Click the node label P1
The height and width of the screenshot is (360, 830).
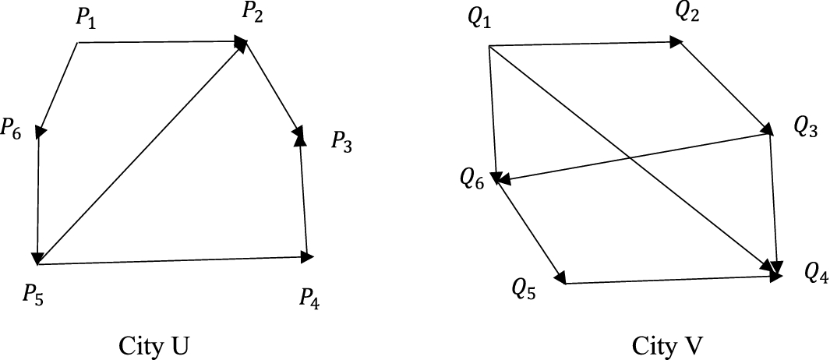(87, 19)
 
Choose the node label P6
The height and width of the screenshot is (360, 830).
(12, 127)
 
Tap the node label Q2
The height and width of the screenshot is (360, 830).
(687, 13)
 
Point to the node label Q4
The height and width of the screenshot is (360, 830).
(817, 273)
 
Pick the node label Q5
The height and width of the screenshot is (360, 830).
(524, 289)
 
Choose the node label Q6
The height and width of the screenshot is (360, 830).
(472, 180)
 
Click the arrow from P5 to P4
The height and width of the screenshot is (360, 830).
(171, 260)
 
